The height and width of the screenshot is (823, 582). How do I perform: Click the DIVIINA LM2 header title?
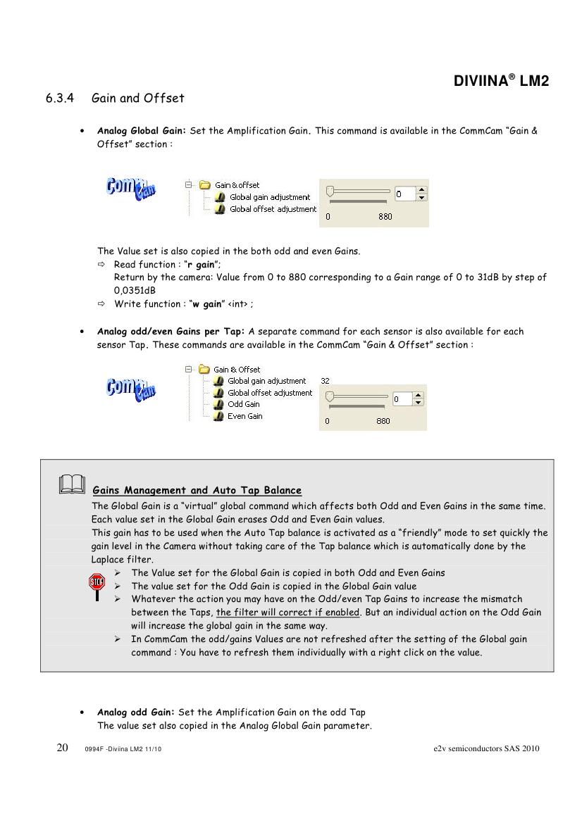(x=500, y=82)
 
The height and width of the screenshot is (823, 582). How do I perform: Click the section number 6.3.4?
(x=60, y=99)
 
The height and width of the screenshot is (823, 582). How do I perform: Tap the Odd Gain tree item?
(x=243, y=404)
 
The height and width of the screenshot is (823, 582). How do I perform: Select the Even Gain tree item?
(x=244, y=416)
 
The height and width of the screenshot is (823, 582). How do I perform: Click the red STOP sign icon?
(x=96, y=582)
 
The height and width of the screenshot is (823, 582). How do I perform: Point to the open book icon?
(x=73, y=484)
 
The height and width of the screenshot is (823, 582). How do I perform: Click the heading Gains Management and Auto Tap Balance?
(x=197, y=490)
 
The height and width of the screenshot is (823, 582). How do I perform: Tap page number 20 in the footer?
(x=62, y=748)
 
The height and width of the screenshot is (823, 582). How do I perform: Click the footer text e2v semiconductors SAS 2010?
(x=486, y=748)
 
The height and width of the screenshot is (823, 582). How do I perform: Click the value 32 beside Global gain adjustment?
(x=325, y=381)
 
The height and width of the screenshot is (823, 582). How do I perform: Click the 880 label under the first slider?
(x=385, y=217)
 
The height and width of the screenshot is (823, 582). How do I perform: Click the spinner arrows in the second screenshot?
(x=419, y=399)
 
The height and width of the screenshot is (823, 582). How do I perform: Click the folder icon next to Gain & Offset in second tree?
(x=205, y=369)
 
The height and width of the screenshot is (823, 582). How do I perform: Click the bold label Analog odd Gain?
(x=137, y=712)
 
